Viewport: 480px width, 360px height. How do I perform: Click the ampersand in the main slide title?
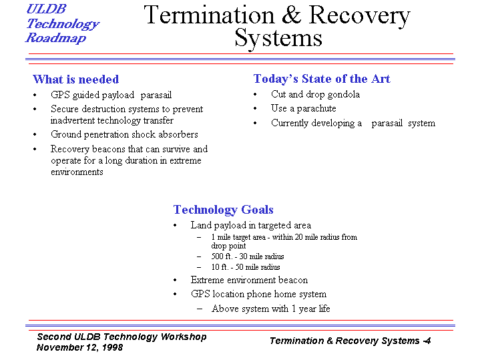[x=292, y=15]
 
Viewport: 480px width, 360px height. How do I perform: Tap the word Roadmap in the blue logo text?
[x=55, y=38]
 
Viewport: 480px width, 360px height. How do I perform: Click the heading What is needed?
[x=75, y=79]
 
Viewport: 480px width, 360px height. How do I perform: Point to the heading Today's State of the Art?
[x=322, y=79]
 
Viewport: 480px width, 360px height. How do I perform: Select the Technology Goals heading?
[x=223, y=210]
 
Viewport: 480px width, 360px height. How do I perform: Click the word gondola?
[x=343, y=94]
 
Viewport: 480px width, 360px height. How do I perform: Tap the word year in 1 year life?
[x=306, y=309]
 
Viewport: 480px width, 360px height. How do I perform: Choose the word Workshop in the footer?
[x=184, y=337]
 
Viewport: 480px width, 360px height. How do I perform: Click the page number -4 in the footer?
[x=427, y=341]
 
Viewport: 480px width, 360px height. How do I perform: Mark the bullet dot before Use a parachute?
[x=255, y=109]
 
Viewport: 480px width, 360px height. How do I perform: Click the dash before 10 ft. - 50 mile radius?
[x=200, y=267]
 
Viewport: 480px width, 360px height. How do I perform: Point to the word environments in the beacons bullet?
[x=77, y=172]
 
